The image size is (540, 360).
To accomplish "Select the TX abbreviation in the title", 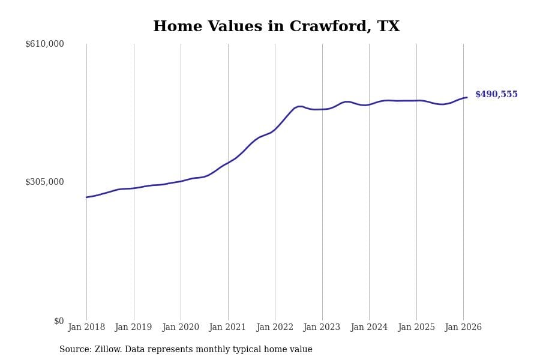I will tap(388, 27).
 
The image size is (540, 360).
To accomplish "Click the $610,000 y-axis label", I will tap(44, 44).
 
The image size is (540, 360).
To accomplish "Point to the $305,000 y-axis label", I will tap(44, 182).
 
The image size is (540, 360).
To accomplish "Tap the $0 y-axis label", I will tap(59, 321).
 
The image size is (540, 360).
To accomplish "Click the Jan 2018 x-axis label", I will tap(86, 328).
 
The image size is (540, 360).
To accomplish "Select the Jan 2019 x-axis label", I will tap(133, 328).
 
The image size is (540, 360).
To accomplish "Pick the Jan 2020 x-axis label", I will tap(181, 328).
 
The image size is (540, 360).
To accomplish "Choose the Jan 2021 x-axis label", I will tap(227, 328).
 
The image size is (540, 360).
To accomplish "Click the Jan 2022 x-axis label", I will tap(275, 328).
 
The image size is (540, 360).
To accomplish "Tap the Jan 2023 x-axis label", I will tap(322, 328).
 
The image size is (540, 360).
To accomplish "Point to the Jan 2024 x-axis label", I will tap(369, 328).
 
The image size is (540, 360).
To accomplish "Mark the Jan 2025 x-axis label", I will tap(416, 328).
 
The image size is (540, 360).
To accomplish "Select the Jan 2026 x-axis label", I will tap(463, 328).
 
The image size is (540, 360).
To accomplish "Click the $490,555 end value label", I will tap(496, 95).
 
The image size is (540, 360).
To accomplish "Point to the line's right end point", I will tap(467, 97).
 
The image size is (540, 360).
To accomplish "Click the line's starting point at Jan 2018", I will tap(86, 197).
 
